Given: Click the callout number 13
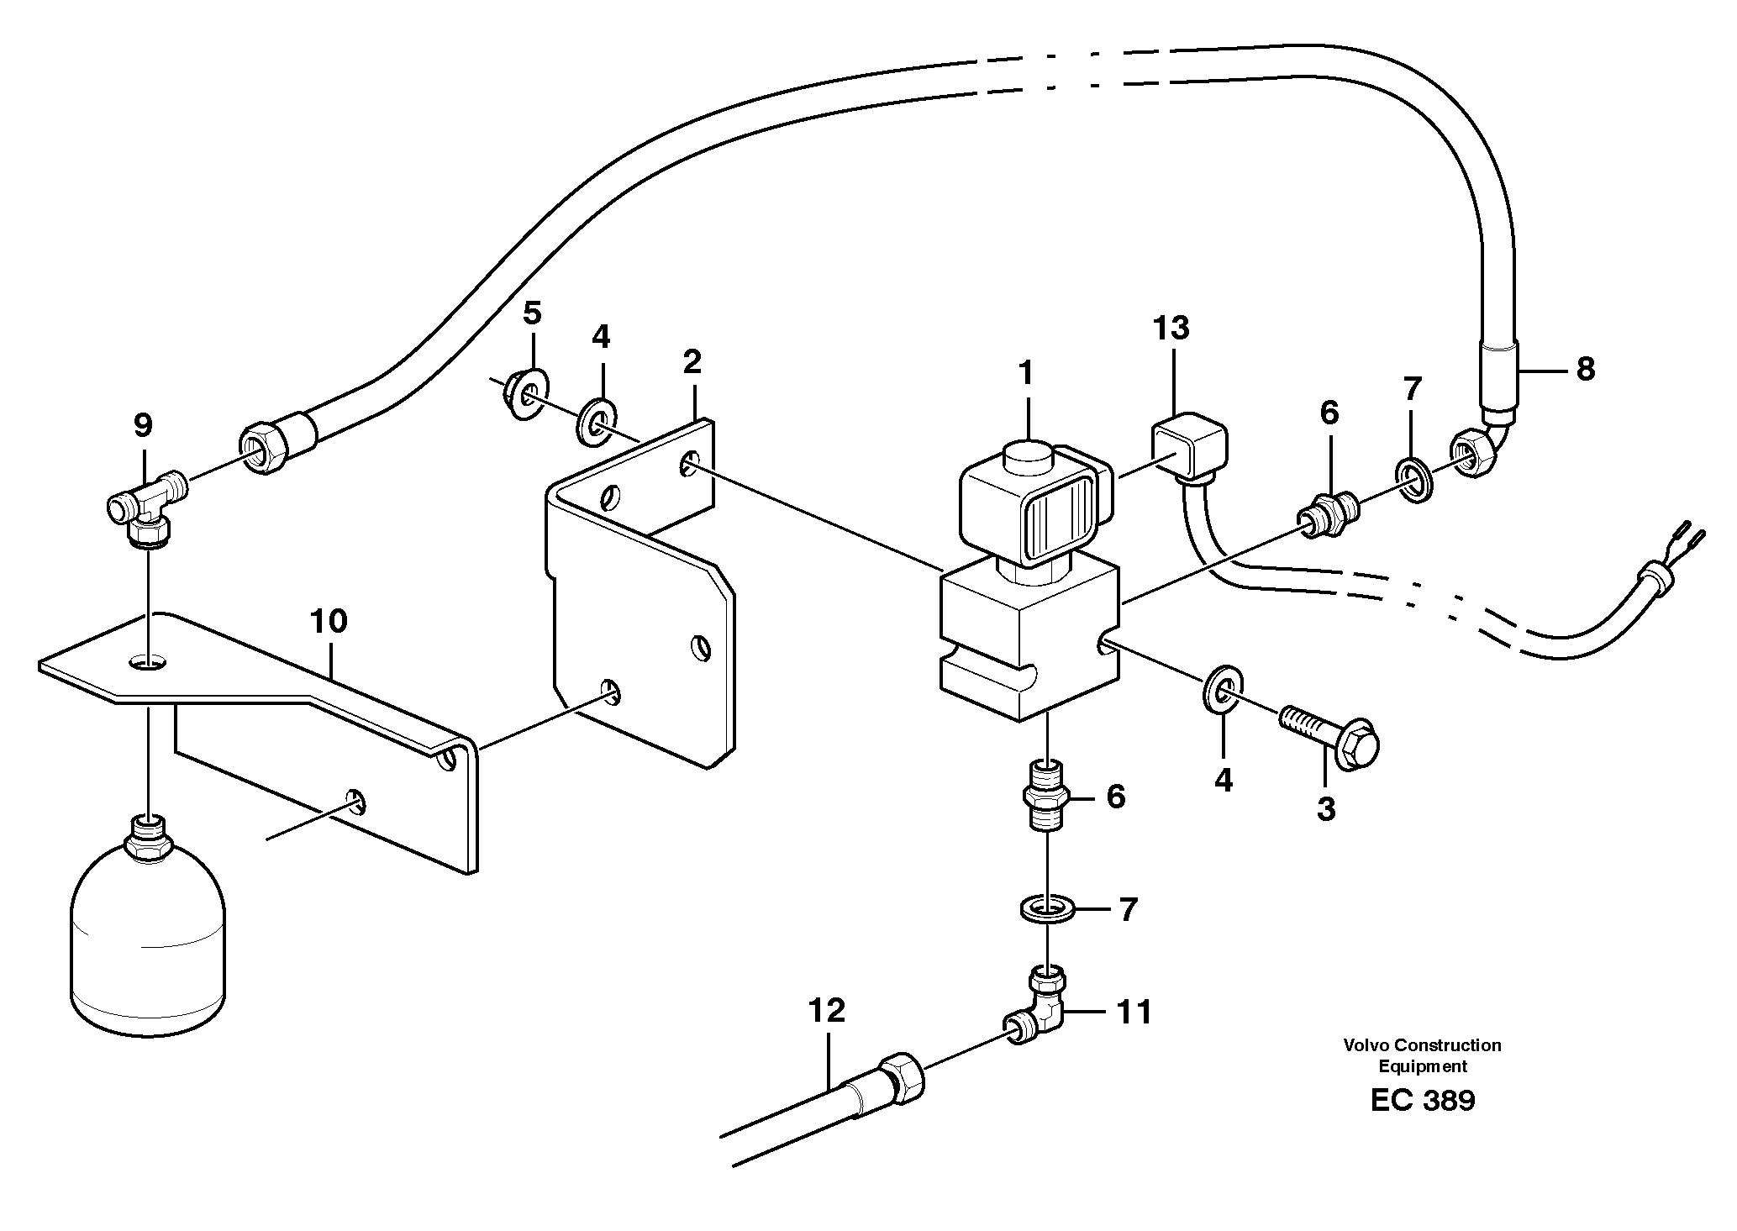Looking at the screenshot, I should (x=1171, y=328).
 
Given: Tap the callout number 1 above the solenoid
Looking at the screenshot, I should (x=1025, y=372).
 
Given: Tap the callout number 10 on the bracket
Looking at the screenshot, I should (x=328, y=622).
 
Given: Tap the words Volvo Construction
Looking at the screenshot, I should (x=1422, y=1045).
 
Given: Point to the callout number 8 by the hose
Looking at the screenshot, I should (x=1585, y=369).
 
